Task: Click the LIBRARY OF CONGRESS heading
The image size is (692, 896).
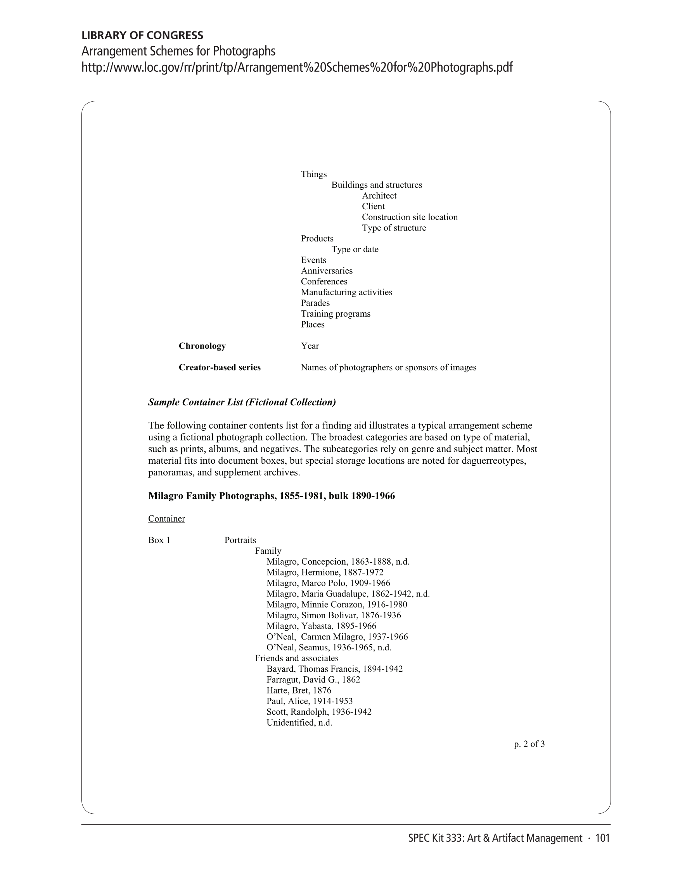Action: pyautogui.click(x=142, y=35)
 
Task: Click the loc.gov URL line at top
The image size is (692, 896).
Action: pyautogui.click(x=297, y=67)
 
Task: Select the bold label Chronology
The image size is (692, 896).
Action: pyautogui.click(x=202, y=346)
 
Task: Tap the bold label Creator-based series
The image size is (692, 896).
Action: pyautogui.click(x=220, y=367)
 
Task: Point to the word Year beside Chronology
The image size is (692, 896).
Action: pyautogui.click(x=310, y=346)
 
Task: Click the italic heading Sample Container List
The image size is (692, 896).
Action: pyautogui.click(x=242, y=402)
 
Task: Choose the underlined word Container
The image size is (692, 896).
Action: pyautogui.click(x=166, y=518)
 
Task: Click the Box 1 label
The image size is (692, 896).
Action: pyautogui.click(x=159, y=540)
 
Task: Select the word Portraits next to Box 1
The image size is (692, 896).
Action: pyautogui.click(x=240, y=540)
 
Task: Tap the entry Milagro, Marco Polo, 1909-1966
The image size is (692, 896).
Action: pyautogui.click(x=328, y=583)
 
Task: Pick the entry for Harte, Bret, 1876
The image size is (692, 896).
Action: pyautogui.click(x=299, y=690)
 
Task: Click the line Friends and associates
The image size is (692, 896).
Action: pyautogui.click(x=297, y=658)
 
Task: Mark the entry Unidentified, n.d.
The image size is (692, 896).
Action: pyautogui.click(x=299, y=723)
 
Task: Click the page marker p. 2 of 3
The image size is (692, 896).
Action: pyautogui.click(x=529, y=744)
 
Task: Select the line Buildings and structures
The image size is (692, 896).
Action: pyautogui.click(x=376, y=185)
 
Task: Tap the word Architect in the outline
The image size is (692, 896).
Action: pyautogui.click(x=379, y=196)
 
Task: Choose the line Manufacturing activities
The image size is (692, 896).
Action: pyautogui.click(x=346, y=292)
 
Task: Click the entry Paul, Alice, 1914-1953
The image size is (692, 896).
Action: pyautogui.click(x=309, y=701)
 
